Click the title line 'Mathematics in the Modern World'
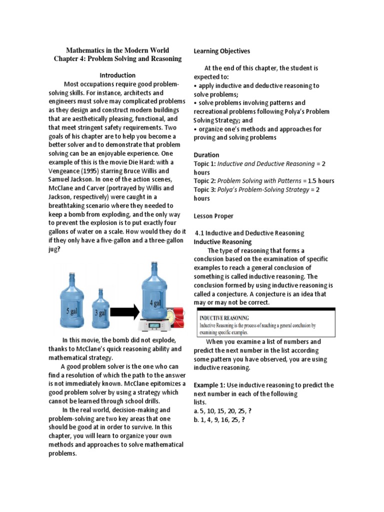[117, 50]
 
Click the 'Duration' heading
[206, 155]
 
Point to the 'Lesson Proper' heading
[213, 216]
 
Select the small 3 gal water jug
[101, 309]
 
